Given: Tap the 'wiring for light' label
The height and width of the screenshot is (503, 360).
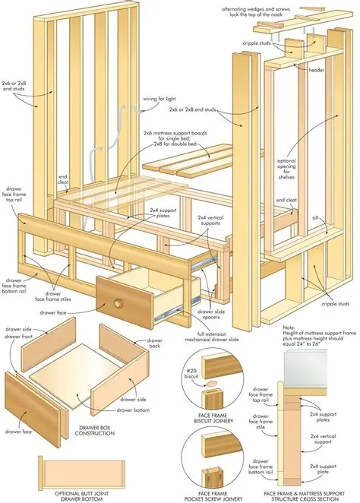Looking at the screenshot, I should (x=160, y=98).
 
